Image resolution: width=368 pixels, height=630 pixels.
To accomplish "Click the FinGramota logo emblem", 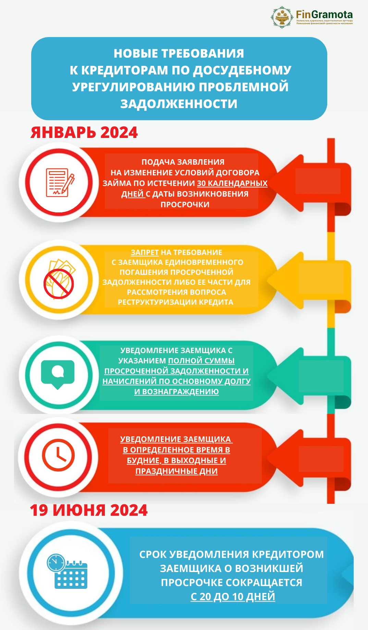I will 282,17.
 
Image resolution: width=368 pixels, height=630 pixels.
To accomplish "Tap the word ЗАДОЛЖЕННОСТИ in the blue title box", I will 179,104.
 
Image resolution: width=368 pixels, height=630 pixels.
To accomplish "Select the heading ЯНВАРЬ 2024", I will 84,132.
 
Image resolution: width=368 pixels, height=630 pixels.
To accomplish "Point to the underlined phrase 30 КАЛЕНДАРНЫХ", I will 232,183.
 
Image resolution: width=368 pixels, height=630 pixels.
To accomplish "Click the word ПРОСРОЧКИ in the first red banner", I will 185,205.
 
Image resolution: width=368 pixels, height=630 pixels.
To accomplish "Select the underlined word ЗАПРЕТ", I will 145,253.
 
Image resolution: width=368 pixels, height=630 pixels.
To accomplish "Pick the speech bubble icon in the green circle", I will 58,374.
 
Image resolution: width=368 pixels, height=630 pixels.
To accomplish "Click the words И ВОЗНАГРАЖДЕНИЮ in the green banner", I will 176,392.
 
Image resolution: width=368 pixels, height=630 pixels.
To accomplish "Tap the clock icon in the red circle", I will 58,455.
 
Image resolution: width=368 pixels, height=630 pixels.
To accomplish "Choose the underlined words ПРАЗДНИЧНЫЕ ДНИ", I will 176,471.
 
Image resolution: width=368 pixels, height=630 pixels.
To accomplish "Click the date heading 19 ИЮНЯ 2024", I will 89,510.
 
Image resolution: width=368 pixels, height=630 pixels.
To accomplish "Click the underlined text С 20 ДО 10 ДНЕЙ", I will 233,597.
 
